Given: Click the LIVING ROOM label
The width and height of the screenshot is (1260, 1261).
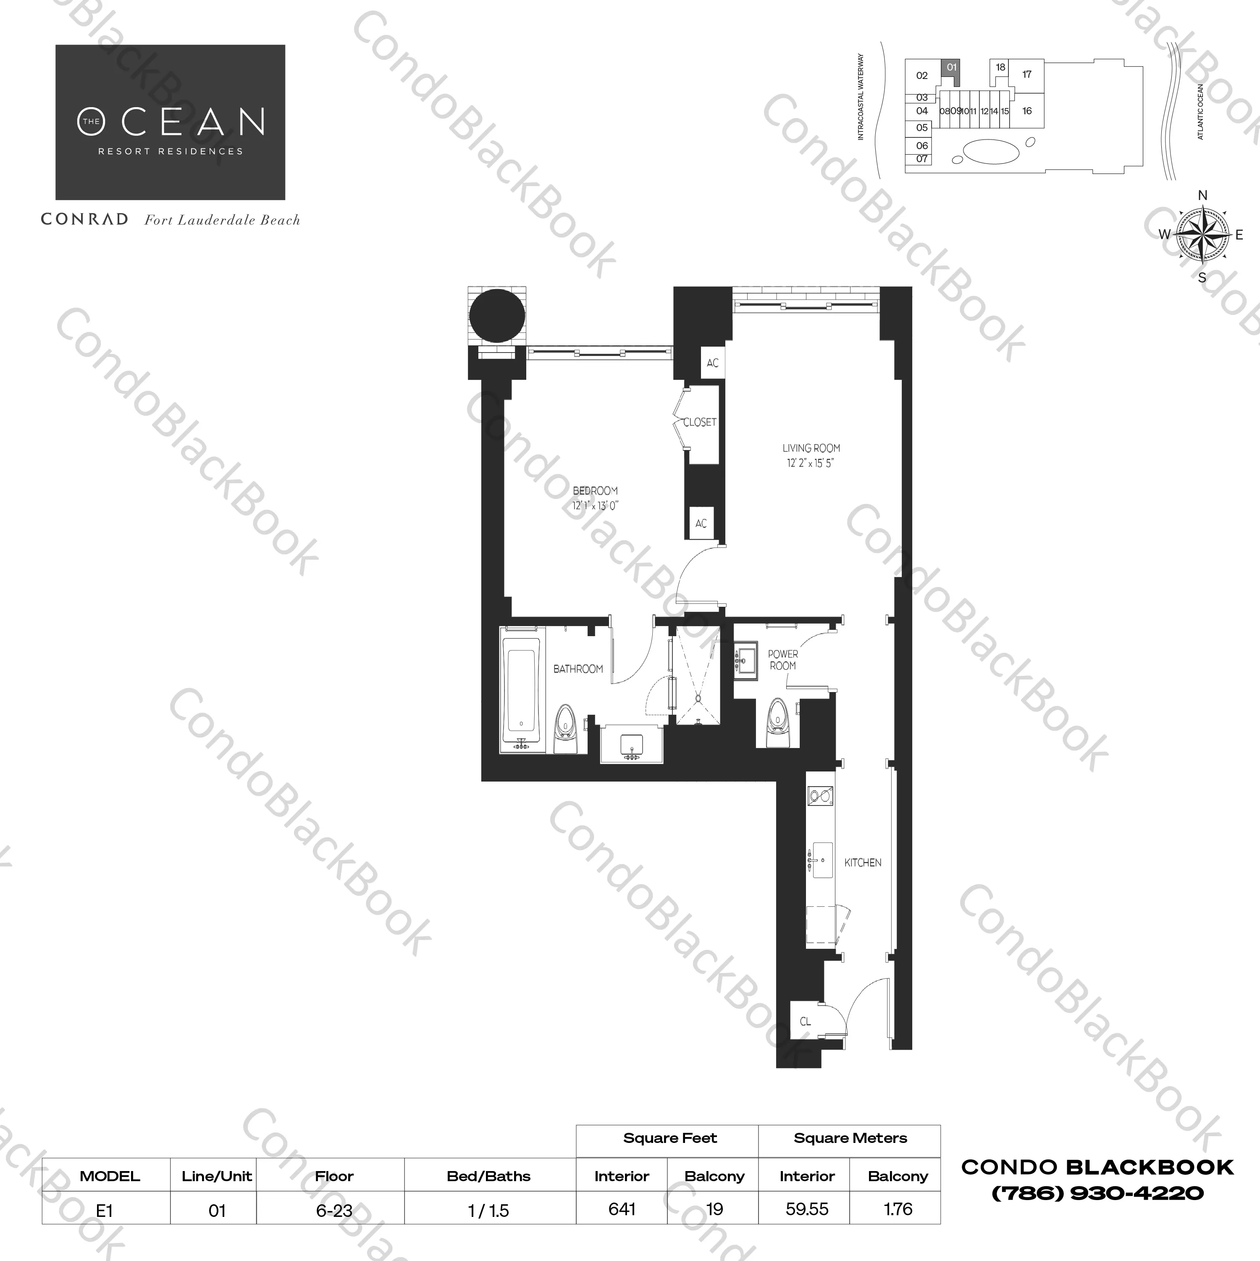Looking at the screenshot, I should point(811,448).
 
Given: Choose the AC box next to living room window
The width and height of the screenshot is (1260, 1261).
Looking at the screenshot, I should point(713,363).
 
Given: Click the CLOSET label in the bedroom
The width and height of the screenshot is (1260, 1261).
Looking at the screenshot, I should point(699,422).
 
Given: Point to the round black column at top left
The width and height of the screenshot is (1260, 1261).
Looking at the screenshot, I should point(496,315).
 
